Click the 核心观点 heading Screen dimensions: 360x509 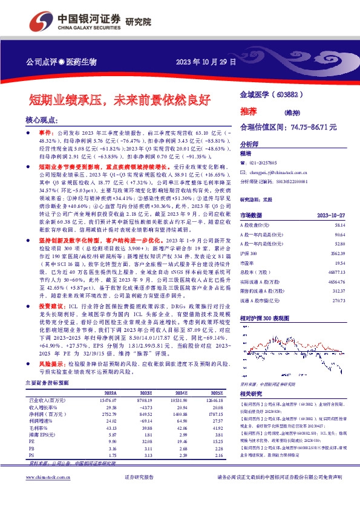[x=42, y=120]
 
